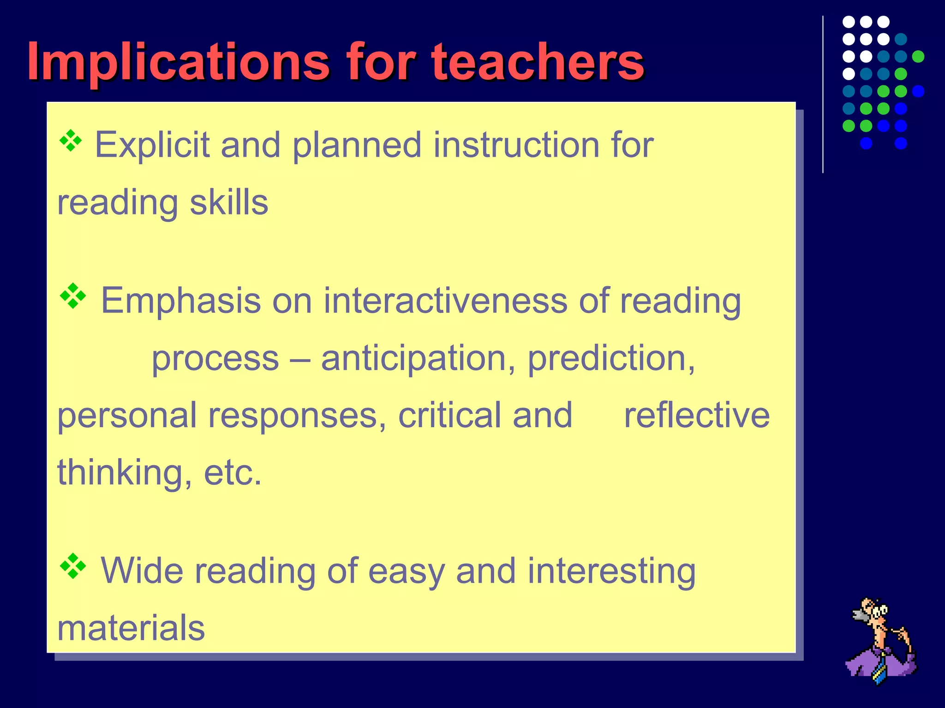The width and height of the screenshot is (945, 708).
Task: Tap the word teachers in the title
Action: [x=537, y=62]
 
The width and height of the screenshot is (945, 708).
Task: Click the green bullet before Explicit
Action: [x=71, y=141]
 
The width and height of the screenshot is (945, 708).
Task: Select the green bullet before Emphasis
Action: [x=73, y=296]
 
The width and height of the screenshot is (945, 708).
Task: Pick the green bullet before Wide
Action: [x=73, y=566]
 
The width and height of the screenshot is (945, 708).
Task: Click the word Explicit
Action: [x=152, y=145]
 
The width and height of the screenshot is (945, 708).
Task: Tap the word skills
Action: [x=229, y=202]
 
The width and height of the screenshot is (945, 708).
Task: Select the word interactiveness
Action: [x=445, y=301]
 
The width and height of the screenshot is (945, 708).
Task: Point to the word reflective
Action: [x=697, y=415]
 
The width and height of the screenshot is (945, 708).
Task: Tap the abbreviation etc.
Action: [x=233, y=473]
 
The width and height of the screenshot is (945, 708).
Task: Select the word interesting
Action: [x=611, y=571]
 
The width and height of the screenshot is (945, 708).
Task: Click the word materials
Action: [x=131, y=628]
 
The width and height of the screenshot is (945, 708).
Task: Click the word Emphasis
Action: [x=181, y=301]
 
